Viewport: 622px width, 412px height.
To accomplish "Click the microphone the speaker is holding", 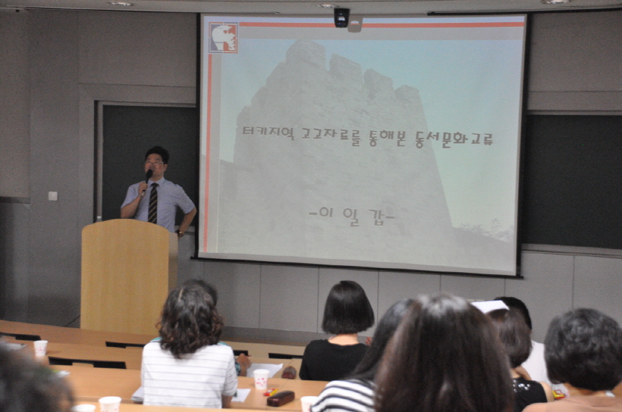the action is (147, 179).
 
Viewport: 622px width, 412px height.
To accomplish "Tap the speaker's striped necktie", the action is (153, 203).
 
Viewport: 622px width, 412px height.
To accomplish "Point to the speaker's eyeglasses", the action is (154, 162).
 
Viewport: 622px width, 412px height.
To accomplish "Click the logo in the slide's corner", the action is (223, 37).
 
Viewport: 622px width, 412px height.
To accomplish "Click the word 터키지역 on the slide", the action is (268, 132).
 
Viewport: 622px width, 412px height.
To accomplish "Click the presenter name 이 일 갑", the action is (351, 216).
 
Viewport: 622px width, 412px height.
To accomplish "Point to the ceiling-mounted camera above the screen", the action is (342, 18).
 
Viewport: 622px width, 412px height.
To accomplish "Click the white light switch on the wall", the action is (53, 196).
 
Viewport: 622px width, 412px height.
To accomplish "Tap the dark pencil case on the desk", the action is (280, 398).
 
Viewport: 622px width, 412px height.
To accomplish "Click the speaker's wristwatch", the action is (181, 233).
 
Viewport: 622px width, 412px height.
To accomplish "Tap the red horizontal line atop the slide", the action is (381, 25).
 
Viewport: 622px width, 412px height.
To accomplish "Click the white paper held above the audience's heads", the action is (490, 306).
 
